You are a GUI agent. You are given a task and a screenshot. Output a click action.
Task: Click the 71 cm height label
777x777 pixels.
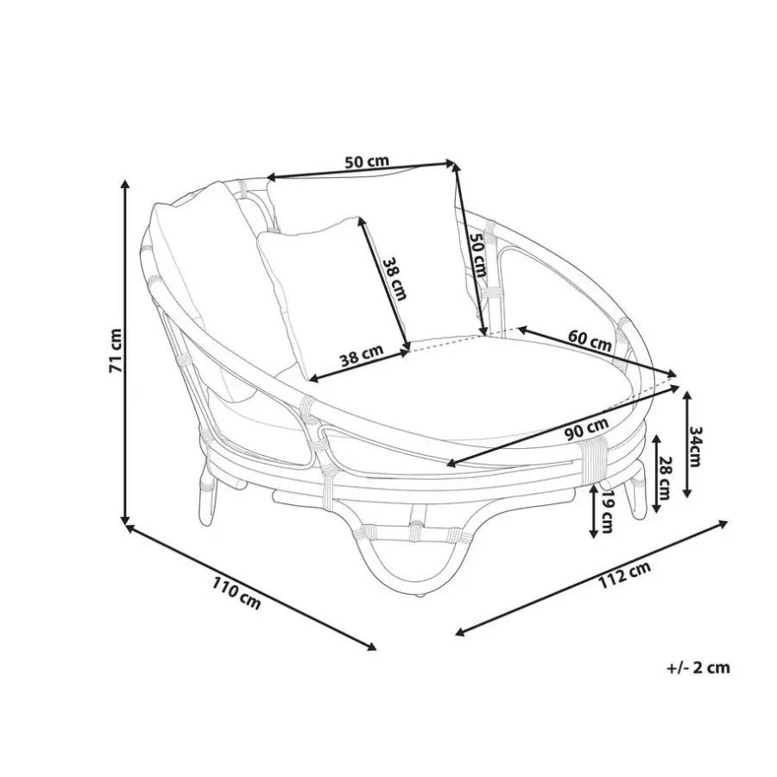[x=116, y=351]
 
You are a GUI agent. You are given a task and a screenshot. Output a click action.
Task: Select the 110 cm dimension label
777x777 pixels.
[x=237, y=592]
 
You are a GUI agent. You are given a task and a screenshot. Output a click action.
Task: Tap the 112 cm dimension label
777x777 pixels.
[x=625, y=576]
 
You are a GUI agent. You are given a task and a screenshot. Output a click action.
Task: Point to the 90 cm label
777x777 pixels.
[x=587, y=429]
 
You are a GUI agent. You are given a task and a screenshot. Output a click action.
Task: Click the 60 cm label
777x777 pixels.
[x=590, y=340]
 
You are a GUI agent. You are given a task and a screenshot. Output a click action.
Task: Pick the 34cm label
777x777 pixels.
[x=695, y=446]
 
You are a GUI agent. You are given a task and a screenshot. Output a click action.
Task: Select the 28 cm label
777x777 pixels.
[x=665, y=477]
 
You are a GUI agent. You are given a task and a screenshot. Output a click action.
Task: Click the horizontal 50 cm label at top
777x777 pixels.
[x=367, y=161]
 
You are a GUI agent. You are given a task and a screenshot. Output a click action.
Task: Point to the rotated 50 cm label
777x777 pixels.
[x=478, y=254]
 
